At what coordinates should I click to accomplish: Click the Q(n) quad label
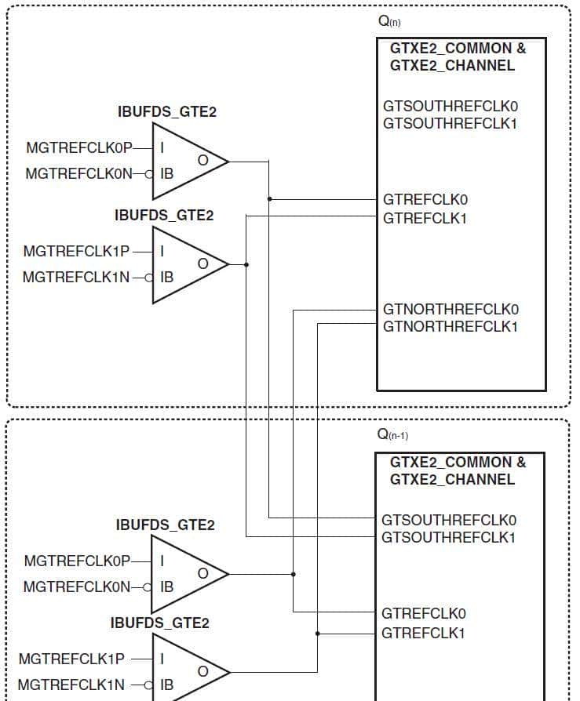coord(389,22)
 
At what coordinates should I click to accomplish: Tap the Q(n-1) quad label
coord(392,434)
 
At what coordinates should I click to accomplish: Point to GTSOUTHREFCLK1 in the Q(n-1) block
coord(448,538)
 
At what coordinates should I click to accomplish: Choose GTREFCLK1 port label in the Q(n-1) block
coord(423,633)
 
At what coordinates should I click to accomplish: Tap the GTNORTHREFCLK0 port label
coord(451,309)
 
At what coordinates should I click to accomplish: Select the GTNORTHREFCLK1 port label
coord(451,326)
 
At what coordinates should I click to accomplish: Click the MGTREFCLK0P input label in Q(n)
coord(79,147)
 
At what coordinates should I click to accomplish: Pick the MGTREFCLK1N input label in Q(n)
coord(76,277)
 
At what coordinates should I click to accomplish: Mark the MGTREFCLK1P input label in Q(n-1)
coord(71,659)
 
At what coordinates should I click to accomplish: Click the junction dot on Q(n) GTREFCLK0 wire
coord(269,199)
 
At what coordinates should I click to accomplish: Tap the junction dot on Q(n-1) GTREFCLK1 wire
coord(318,633)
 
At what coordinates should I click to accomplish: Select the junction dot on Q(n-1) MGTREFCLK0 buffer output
coord(294,574)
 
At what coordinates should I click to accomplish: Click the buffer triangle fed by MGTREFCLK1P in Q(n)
coord(185,265)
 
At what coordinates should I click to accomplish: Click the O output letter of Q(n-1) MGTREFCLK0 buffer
coord(202,574)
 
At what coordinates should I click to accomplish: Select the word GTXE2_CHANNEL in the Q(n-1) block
coord(452,479)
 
